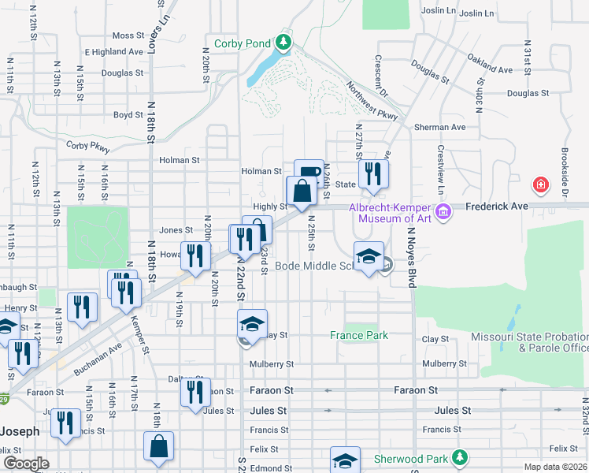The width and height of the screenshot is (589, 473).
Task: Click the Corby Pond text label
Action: (242, 43)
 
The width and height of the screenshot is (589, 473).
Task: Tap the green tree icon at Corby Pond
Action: (283, 42)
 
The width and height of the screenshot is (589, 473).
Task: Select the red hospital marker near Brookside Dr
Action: (540, 186)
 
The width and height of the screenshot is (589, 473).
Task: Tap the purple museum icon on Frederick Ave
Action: (443, 210)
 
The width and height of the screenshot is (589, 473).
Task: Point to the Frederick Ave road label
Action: (495, 205)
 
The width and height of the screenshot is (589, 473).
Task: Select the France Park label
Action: (358, 335)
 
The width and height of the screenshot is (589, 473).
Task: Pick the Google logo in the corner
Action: (27, 464)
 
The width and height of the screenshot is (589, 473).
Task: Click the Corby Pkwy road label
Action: (88, 146)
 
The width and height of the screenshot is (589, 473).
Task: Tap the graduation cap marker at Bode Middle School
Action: (368, 258)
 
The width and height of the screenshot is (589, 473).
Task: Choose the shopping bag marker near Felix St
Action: (158, 446)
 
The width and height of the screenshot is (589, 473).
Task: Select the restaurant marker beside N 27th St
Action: (372, 176)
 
